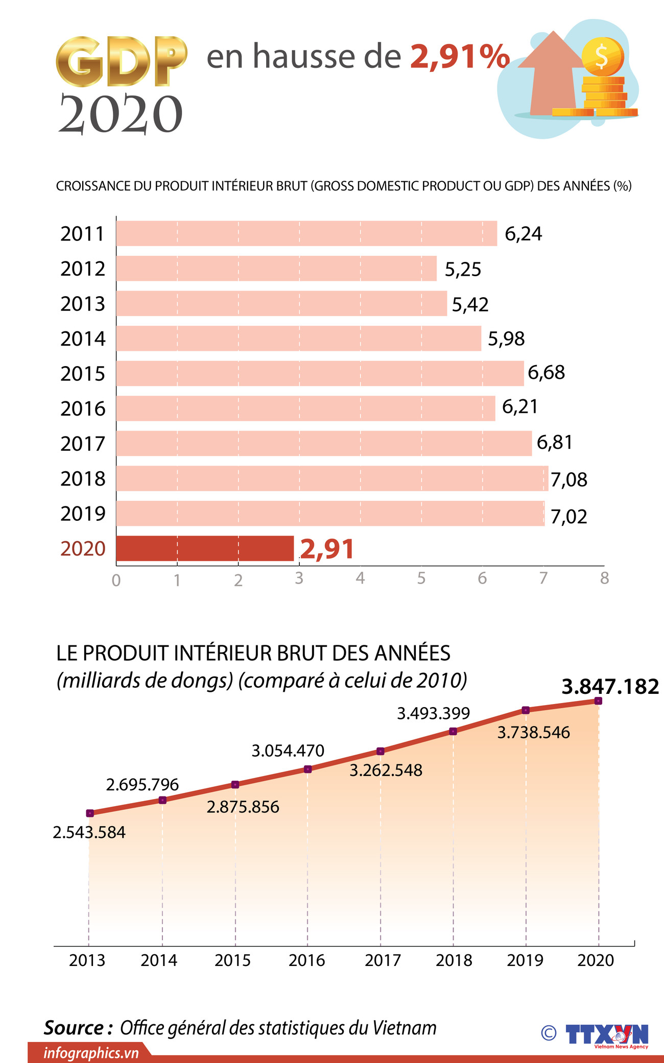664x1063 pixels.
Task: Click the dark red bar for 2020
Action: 204,548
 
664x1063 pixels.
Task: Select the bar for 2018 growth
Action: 332,478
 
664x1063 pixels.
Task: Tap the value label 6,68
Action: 546,373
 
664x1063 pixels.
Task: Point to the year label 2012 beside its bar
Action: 83,269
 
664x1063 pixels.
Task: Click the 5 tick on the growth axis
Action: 421,578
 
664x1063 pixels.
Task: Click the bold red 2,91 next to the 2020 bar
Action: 327,549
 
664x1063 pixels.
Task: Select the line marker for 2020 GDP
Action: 598,701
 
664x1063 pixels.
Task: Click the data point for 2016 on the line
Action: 308,769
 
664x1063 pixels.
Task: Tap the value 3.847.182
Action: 610,687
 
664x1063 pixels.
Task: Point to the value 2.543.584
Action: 89,832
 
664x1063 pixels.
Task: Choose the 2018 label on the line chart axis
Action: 454,960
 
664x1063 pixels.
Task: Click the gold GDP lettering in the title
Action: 121,61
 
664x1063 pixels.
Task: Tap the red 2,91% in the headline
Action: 460,56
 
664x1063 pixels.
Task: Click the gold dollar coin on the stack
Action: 603,56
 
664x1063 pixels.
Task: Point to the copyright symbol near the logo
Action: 549,1033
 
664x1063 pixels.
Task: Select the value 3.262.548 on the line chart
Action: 386,770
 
